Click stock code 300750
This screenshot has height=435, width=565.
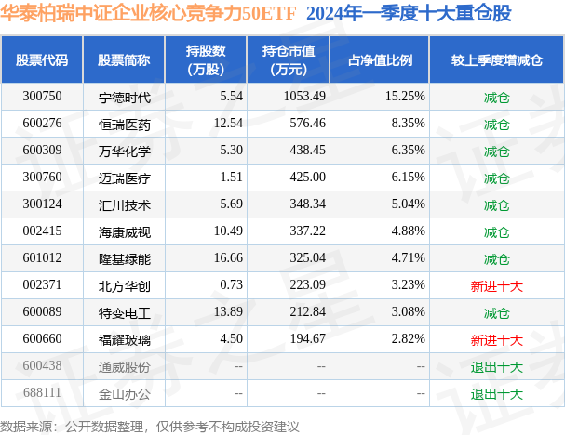(42, 97)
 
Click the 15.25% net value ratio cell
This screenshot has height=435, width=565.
(405, 97)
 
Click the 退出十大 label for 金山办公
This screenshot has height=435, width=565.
(496, 394)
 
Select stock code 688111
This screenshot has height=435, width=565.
(42, 394)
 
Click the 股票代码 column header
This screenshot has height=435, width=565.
(42, 59)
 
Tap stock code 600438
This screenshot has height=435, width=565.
(42, 367)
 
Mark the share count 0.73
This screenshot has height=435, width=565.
(231, 286)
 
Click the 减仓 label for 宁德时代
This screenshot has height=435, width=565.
(496, 97)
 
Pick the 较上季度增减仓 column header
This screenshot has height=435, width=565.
(496, 59)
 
